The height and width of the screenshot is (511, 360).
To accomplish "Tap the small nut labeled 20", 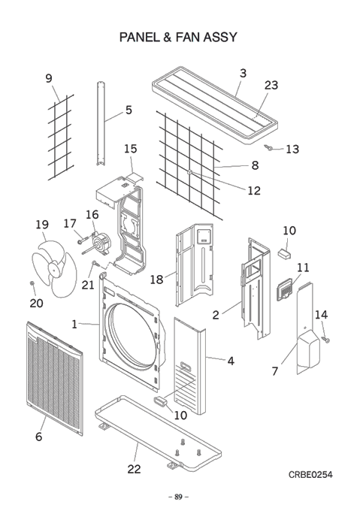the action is pyautogui.click(x=32, y=283).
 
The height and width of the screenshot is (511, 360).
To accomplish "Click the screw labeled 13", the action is pyautogui.click(x=269, y=147).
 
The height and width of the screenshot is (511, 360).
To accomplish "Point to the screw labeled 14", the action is pyautogui.click(x=326, y=340).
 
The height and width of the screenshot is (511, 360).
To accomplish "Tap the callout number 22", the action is pyautogui.click(x=134, y=469).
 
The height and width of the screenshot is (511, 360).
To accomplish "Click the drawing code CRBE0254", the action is pyautogui.click(x=310, y=474).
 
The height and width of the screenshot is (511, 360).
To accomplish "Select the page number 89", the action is pyautogui.click(x=178, y=497).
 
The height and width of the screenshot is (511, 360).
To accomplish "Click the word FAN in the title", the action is pyautogui.click(x=187, y=37).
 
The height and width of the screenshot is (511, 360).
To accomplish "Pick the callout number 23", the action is pyautogui.click(x=271, y=85).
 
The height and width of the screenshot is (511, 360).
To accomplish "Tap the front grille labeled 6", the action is pyautogui.click(x=55, y=378).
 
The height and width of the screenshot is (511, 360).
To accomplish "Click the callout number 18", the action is pyautogui.click(x=156, y=280).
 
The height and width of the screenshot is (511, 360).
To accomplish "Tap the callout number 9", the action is pyautogui.click(x=49, y=78).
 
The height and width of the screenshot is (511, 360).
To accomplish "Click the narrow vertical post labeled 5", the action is pyautogui.click(x=101, y=123).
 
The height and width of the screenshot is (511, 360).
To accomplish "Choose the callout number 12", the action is pyautogui.click(x=254, y=190).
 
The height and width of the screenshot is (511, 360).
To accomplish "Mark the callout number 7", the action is pyautogui.click(x=275, y=371).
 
